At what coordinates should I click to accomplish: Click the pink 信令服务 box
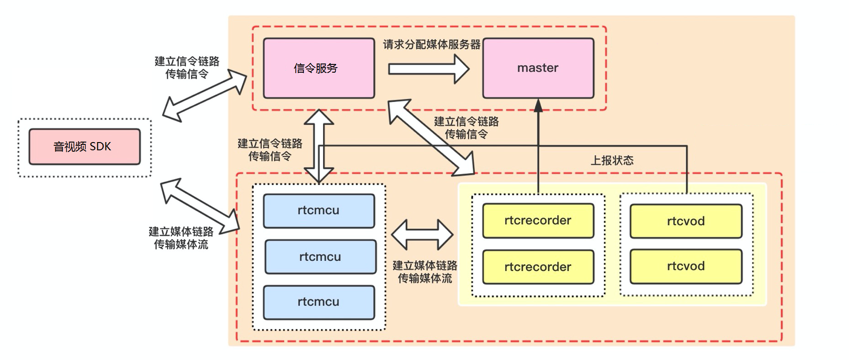(x=319, y=68)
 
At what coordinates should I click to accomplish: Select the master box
(x=538, y=68)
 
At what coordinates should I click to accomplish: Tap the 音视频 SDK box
(x=85, y=147)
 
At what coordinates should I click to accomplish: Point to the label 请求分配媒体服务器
(x=432, y=44)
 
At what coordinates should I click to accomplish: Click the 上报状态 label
(x=612, y=160)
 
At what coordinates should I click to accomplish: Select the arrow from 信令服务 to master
(x=429, y=69)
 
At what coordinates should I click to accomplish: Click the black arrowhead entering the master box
(x=538, y=106)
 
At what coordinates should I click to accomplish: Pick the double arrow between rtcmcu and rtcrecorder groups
(x=423, y=235)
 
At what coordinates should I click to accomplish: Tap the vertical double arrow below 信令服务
(x=319, y=146)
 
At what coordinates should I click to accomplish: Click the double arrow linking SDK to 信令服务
(x=204, y=95)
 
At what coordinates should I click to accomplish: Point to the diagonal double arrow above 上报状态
(x=431, y=138)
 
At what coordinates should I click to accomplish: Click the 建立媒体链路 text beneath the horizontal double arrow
(x=425, y=265)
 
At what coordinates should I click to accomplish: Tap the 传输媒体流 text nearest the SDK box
(x=181, y=244)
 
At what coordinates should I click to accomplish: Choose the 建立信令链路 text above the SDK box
(x=187, y=61)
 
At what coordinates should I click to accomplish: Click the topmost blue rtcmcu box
(x=319, y=211)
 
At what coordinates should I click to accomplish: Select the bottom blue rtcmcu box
(x=319, y=302)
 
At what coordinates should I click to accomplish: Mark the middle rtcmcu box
(x=320, y=257)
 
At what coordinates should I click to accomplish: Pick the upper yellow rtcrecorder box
(x=538, y=221)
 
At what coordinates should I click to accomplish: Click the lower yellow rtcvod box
(x=686, y=266)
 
